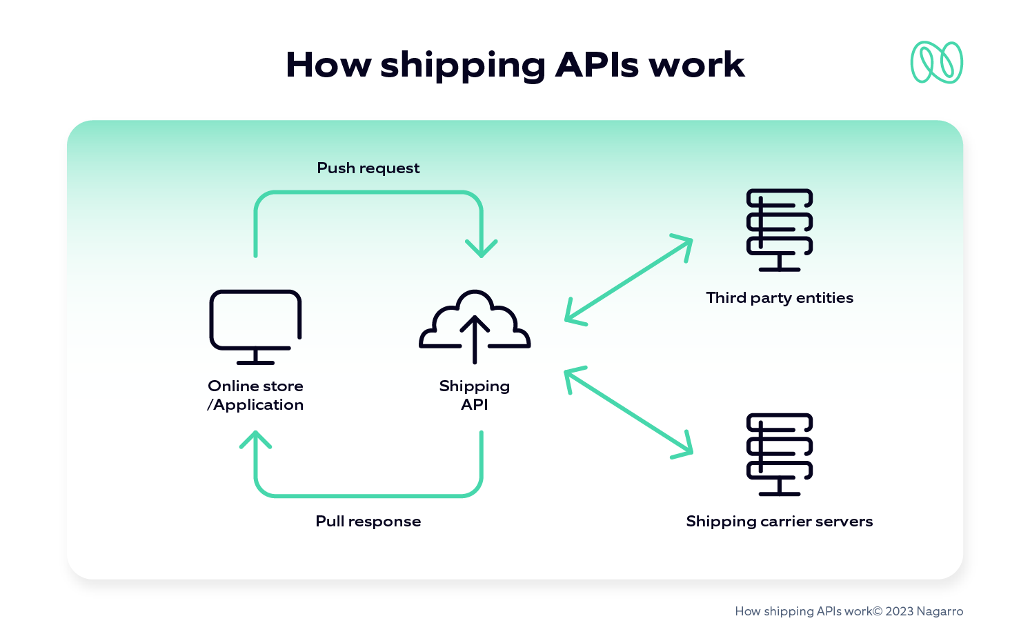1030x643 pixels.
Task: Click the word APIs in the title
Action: point(597,65)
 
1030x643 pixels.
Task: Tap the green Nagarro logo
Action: point(936,62)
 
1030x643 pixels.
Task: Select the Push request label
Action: point(368,168)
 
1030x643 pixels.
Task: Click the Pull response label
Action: point(368,522)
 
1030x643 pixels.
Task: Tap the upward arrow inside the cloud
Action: point(475,338)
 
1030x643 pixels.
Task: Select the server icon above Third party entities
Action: point(779,229)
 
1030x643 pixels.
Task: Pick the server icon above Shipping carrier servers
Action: point(779,453)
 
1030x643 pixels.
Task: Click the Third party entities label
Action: point(780,298)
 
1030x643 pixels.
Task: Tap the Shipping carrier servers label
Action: point(780,522)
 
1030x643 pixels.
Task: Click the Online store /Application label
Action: point(255,395)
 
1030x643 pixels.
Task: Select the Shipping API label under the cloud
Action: point(475,395)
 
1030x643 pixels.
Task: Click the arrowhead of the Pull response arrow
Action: point(255,439)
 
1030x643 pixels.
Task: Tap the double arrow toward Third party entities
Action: point(628,279)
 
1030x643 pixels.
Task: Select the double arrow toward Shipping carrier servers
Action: point(628,413)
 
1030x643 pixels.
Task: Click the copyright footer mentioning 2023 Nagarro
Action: point(849,611)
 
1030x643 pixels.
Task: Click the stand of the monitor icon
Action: point(255,357)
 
